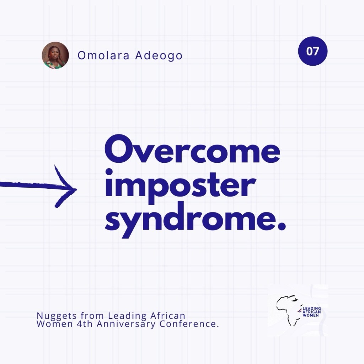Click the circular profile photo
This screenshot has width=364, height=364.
pyautogui.click(x=55, y=55)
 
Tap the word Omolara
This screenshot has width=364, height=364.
pyautogui.click(x=103, y=55)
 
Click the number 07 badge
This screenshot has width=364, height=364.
pyautogui.click(x=313, y=51)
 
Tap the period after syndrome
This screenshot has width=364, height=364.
pyautogui.click(x=282, y=226)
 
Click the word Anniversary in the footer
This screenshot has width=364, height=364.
pyautogui.click(x=126, y=324)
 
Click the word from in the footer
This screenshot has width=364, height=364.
pyautogui.click(x=92, y=316)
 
